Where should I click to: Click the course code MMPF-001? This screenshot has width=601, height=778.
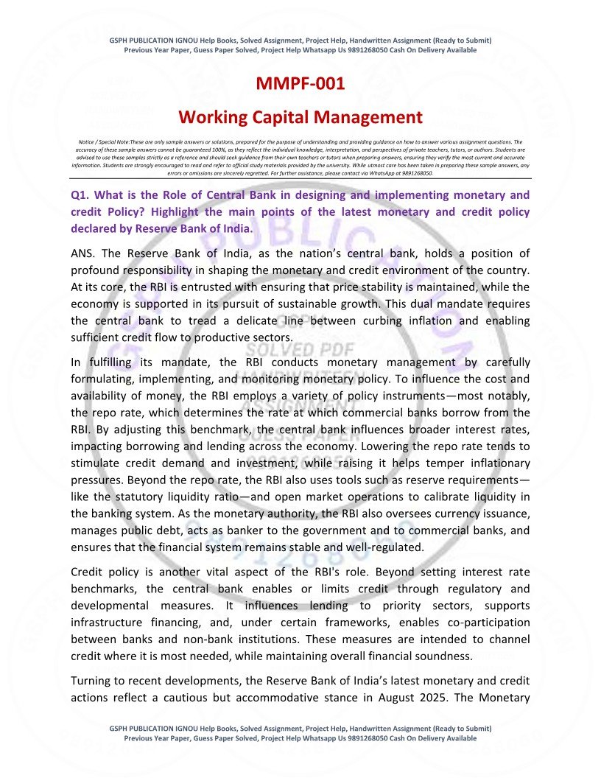(x=300, y=84)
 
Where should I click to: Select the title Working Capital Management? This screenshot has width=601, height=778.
(x=300, y=116)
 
